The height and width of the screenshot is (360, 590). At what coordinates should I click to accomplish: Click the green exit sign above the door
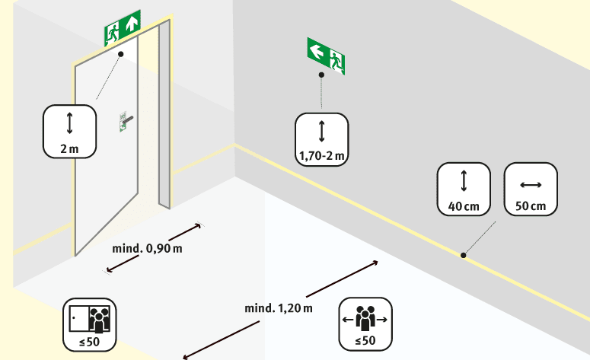[x=123, y=29]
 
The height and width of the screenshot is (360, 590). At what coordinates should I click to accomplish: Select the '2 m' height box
[x=69, y=131]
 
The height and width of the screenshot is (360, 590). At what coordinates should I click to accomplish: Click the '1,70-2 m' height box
[x=321, y=139]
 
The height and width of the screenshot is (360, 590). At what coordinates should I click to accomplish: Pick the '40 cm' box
[x=463, y=189]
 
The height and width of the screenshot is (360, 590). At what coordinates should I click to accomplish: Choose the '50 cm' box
[x=530, y=189]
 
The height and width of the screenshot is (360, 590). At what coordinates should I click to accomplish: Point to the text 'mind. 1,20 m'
[x=278, y=308]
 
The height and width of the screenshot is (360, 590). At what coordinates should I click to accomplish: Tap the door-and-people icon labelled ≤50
[x=90, y=324]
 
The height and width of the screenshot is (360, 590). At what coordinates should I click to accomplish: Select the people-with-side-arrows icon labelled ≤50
[x=367, y=324]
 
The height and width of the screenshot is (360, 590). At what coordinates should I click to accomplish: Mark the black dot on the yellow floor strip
[x=463, y=255]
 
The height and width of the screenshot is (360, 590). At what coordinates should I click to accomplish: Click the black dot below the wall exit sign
[x=321, y=75]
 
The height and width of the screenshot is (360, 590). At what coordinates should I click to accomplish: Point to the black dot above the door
[x=120, y=54]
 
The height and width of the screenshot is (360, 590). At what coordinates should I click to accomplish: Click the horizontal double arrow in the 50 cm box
[x=530, y=184]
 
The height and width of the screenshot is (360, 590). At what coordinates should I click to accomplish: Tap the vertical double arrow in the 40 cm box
[x=463, y=181]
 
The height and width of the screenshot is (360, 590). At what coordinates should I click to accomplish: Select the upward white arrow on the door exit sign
[x=132, y=24]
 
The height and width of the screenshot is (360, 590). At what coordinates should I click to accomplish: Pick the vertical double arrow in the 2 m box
[x=69, y=123]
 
